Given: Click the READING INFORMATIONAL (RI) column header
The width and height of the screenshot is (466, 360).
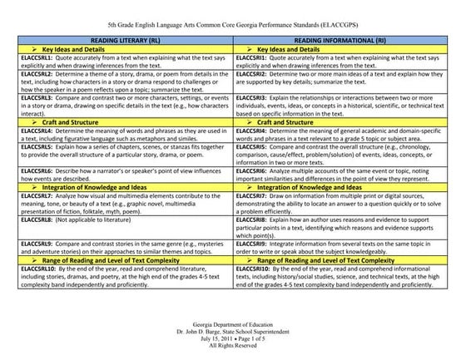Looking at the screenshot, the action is tap(341, 41).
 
